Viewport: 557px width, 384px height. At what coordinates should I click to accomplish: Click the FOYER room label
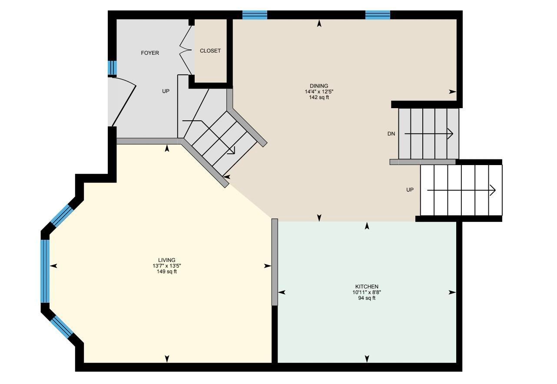[x=150, y=53]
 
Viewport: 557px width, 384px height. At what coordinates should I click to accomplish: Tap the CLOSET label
[x=210, y=51]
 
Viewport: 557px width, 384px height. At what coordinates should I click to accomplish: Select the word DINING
[x=319, y=86]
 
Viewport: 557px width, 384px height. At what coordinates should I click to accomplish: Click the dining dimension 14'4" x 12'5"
[x=319, y=92]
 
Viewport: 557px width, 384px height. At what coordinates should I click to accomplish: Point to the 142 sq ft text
[x=319, y=97]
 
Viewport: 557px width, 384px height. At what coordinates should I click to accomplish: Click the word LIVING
[x=166, y=260]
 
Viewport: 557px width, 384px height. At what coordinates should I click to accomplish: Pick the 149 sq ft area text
[x=166, y=271]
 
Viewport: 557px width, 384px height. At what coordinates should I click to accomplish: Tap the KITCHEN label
[x=367, y=287]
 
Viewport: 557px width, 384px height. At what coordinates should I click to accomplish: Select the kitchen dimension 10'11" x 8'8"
[x=367, y=292]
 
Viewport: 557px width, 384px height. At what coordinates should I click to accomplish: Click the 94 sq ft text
[x=367, y=298]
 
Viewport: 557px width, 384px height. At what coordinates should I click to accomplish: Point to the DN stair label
[x=391, y=134]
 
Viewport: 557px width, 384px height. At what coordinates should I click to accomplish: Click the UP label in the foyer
[x=166, y=91]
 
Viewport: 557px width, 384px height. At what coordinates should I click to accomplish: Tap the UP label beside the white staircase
[x=410, y=190]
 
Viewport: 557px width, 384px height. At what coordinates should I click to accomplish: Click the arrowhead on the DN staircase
[x=450, y=134]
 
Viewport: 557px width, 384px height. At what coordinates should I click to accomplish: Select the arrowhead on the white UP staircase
[x=493, y=190]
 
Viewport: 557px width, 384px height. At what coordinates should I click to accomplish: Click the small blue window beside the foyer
[x=112, y=67]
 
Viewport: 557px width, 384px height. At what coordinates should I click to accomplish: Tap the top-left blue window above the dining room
[x=255, y=15]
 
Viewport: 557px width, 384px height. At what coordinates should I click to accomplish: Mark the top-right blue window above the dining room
[x=378, y=15]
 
